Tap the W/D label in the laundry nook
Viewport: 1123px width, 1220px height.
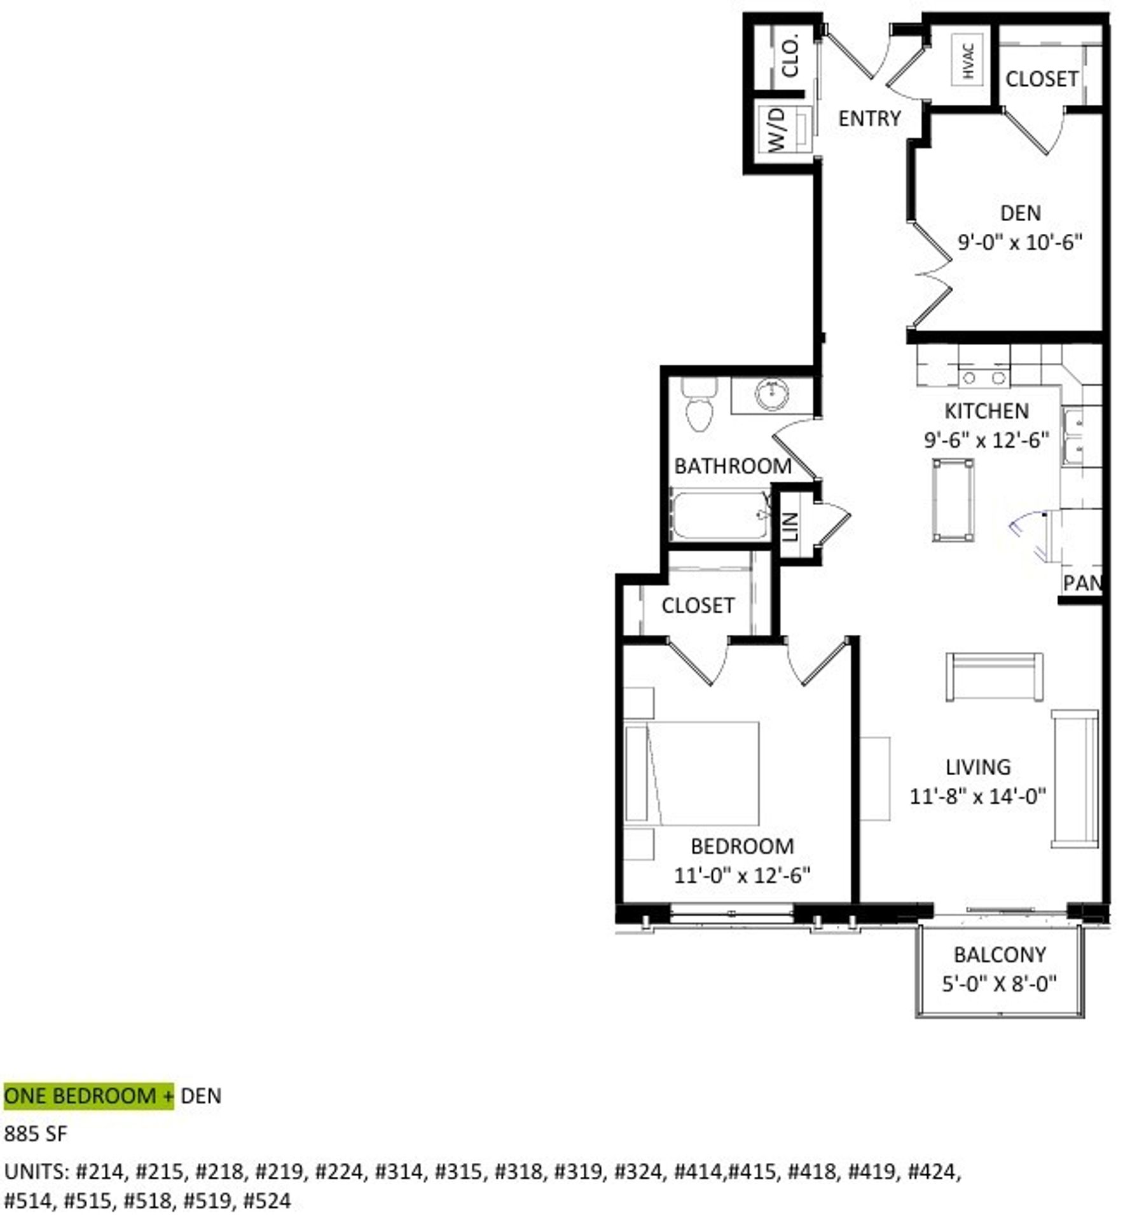(777, 130)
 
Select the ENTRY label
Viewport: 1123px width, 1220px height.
(869, 118)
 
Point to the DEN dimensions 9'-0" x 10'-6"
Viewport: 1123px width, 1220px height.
(1019, 242)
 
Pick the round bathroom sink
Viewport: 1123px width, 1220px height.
(772, 395)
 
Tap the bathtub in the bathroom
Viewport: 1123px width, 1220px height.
(720, 515)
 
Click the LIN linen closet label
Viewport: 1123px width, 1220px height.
(790, 526)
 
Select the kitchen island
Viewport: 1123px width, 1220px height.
(953, 499)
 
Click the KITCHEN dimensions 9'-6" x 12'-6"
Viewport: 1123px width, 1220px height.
(986, 440)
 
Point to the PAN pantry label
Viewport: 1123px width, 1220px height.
(1081, 583)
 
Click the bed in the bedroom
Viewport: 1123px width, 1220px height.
(692, 773)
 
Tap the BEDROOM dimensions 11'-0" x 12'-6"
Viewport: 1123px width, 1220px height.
(742, 876)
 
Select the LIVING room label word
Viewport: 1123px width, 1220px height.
(977, 767)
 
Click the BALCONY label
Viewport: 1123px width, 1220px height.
(1000, 954)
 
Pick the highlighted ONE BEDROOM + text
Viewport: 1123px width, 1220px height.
(88, 1096)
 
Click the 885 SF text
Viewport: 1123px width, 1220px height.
(36, 1134)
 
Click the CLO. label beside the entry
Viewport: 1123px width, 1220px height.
(790, 57)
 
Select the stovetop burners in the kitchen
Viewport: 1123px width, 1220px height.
(983, 378)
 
